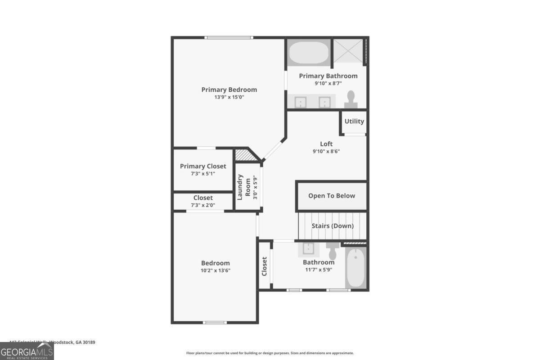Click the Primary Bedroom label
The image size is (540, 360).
click(x=229, y=90)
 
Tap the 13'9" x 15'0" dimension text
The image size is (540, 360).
click(x=229, y=97)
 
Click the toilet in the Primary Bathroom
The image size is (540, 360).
click(x=351, y=99)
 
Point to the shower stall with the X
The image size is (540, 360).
click(x=347, y=51)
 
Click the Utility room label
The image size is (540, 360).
click(x=354, y=121)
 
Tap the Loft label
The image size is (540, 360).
click(x=326, y=144)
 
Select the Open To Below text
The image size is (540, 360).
click(x=332, y=196)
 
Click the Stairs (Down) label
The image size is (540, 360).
click(x=333, y=226)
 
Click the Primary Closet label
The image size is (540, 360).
click(x=203, y=166)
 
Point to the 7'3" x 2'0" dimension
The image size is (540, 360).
click(x=203, y=205)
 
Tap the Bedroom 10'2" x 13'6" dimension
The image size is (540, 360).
click(x=215, y=270)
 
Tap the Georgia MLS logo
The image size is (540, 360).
click(x=27, y=351)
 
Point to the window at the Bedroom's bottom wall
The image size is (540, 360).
click(x=214, y=322)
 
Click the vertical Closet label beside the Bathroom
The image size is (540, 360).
click(x=265, y=266)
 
